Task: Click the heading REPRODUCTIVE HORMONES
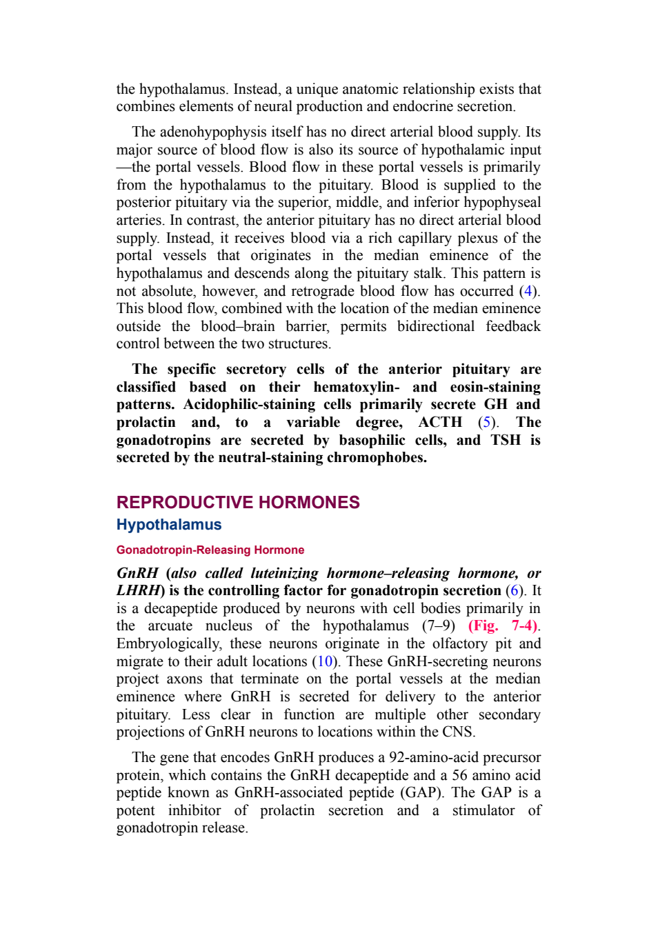click(238, 502)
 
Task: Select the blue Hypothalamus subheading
click(169, 525)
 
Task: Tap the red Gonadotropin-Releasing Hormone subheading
click(210, 550)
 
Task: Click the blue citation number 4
click(528, 291)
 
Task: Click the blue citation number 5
click(486, 422)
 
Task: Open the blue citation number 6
click(514, 590)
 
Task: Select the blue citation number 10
click(325, 661)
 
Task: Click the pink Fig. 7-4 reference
click(502, 626)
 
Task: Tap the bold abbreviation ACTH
click(440, 422)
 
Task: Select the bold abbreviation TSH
click(506, 440)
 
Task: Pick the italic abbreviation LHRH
click(138, 590)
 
